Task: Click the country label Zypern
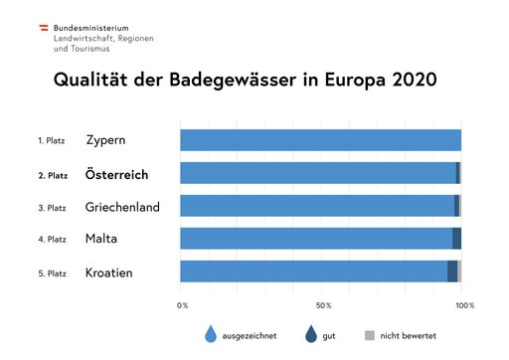point(105,140)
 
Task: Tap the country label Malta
point(102,239)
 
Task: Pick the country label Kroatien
point(109,271)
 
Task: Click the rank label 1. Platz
point(52,141)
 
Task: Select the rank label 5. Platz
point(52,272)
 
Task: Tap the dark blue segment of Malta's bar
point(456,239)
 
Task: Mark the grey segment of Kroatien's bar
point(459,271)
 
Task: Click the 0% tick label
point(182,304)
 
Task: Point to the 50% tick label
point(322,304)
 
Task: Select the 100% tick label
point(464,304)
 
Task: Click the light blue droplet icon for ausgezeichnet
point(211,334)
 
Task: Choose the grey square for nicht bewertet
point(370,334)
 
